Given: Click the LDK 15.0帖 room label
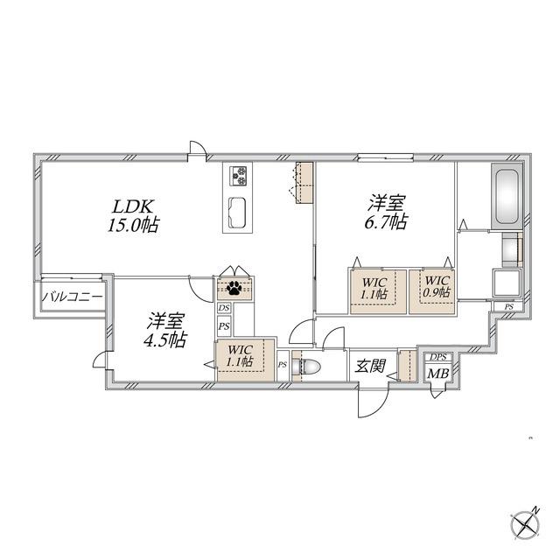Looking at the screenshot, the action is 134,216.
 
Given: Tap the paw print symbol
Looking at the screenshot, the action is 234,288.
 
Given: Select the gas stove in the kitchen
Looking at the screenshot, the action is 238,176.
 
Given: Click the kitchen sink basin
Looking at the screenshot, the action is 237,213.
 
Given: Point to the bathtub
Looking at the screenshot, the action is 507,196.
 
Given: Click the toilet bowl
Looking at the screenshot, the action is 307,367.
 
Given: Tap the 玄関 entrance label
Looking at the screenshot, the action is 370,366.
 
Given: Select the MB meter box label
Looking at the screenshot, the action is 438,374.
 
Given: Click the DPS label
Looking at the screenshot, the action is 438,357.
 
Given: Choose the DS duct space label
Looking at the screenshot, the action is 224,308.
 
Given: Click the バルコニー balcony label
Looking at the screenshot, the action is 73,297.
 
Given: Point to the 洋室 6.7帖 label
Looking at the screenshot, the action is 386,213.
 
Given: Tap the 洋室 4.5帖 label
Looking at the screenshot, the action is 165,331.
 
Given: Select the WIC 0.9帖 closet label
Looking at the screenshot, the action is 437,287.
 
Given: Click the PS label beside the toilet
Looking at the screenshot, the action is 283,365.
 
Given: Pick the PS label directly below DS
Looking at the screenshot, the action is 224,326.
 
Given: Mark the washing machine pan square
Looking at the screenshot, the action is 507,283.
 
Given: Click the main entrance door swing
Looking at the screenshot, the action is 374,401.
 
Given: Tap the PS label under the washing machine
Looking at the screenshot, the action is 508,307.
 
